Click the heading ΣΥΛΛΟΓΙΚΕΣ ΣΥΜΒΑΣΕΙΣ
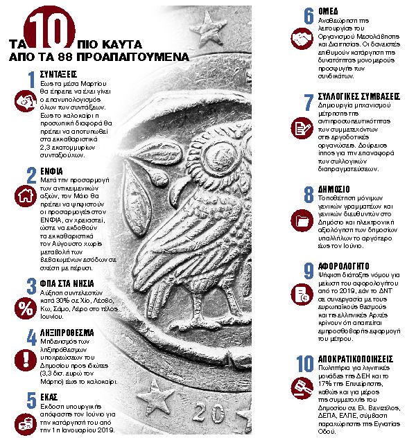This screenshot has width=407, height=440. coord(359,96)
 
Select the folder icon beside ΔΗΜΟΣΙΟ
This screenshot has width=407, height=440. coord(301,221)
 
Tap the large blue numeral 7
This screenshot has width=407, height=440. coord(309,103)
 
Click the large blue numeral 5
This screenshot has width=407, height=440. coord(31,401)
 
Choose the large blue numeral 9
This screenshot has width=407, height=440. coord(308,271)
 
